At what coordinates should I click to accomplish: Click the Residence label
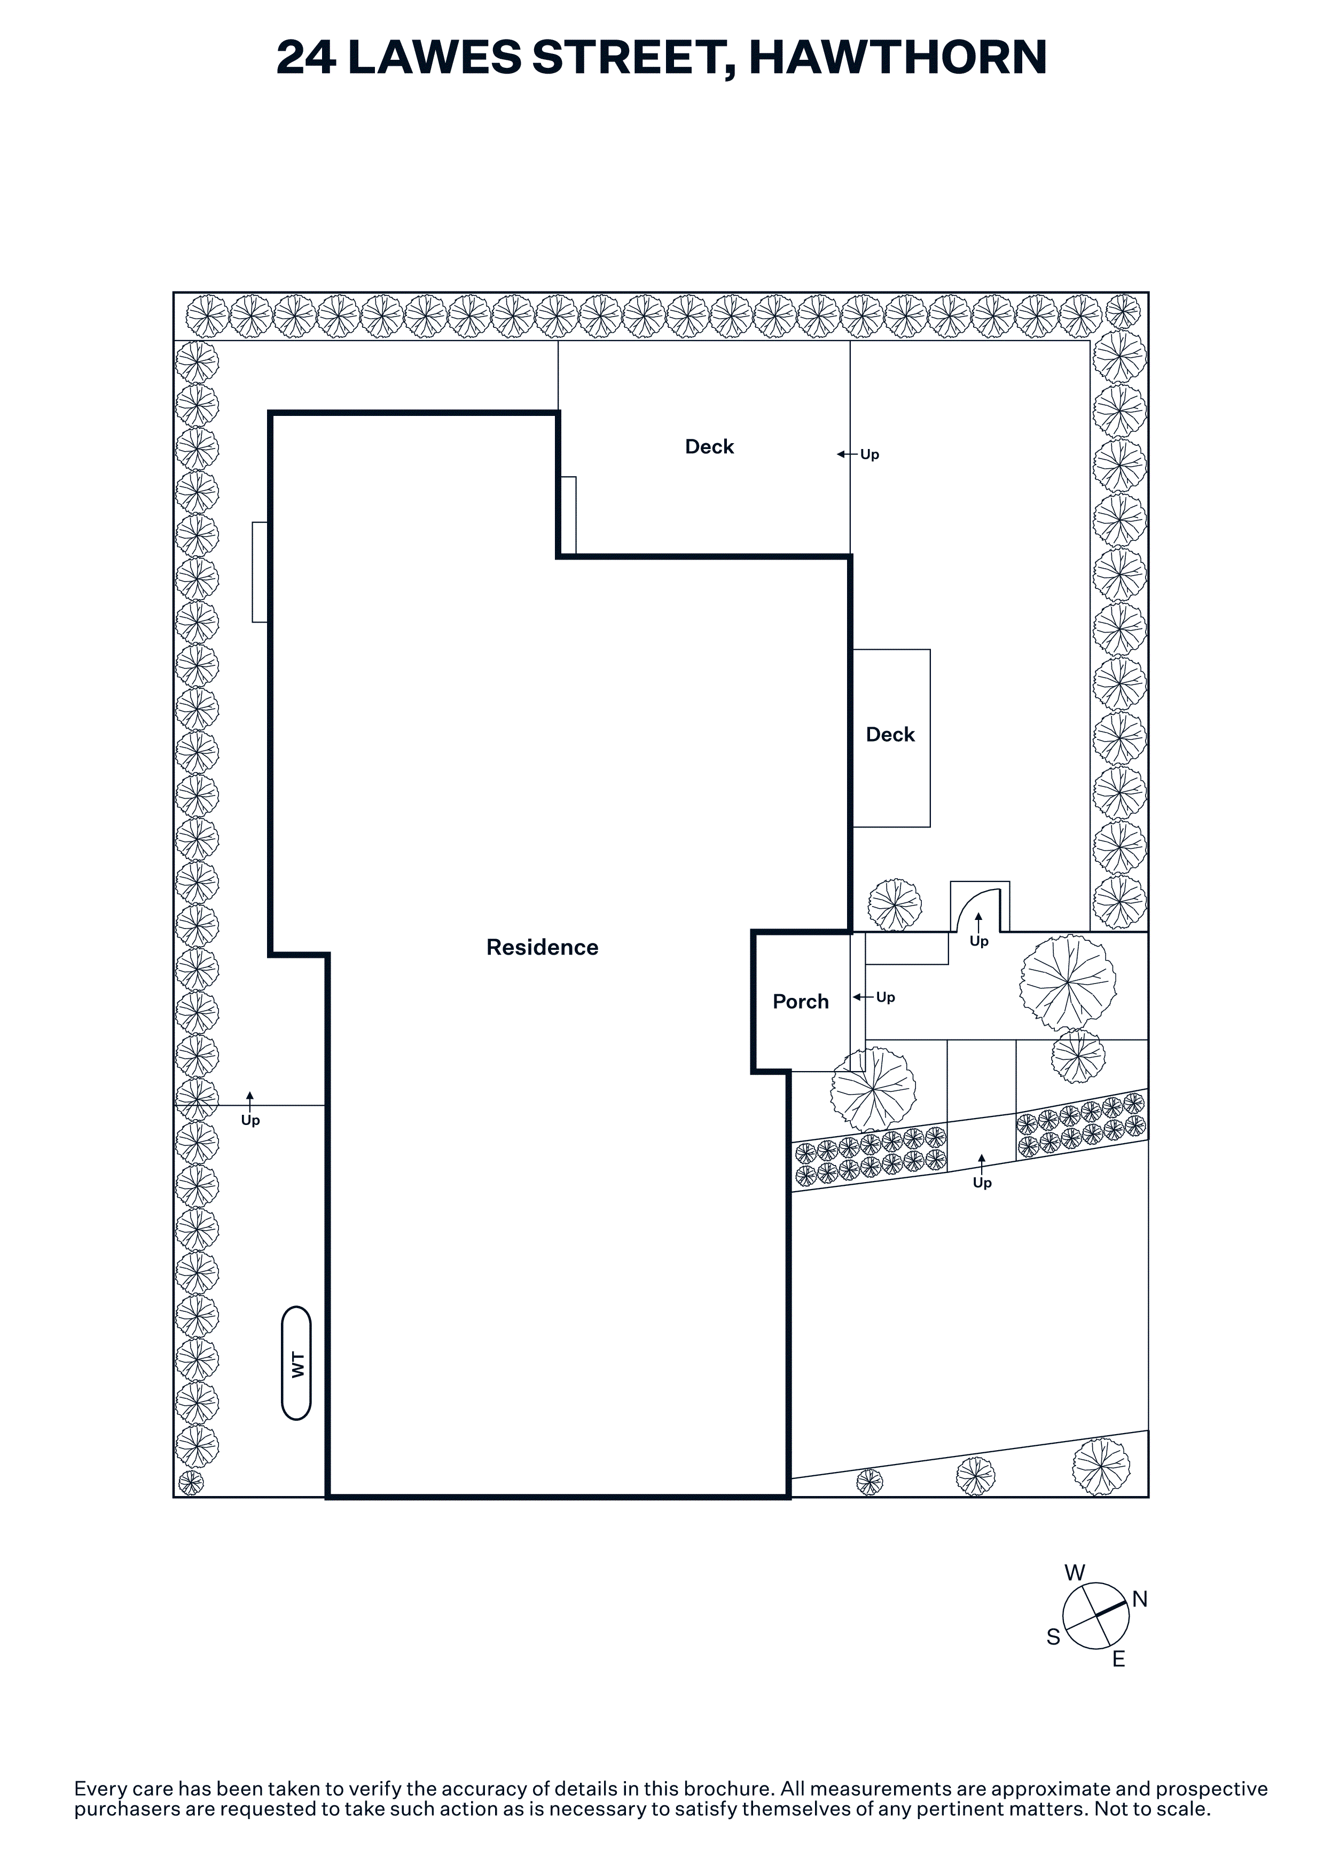543,947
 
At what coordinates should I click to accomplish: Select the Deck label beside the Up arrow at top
709,447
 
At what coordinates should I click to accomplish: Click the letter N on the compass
1140,1600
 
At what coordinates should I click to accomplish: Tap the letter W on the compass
1075,1573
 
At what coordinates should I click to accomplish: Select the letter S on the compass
1053,1637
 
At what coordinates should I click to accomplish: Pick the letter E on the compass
1118,1659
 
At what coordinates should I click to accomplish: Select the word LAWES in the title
435,57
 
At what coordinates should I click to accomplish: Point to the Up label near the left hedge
250,1121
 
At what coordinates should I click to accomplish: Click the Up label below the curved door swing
979,941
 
